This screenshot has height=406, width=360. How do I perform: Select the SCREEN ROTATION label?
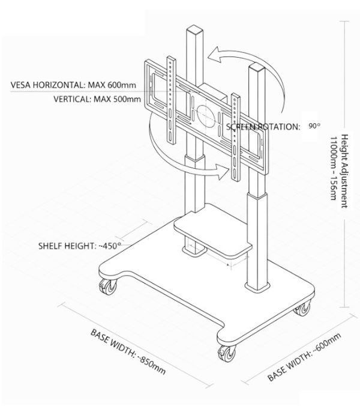click(263, 127)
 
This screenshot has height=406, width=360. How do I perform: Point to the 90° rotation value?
click(314, 127)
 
